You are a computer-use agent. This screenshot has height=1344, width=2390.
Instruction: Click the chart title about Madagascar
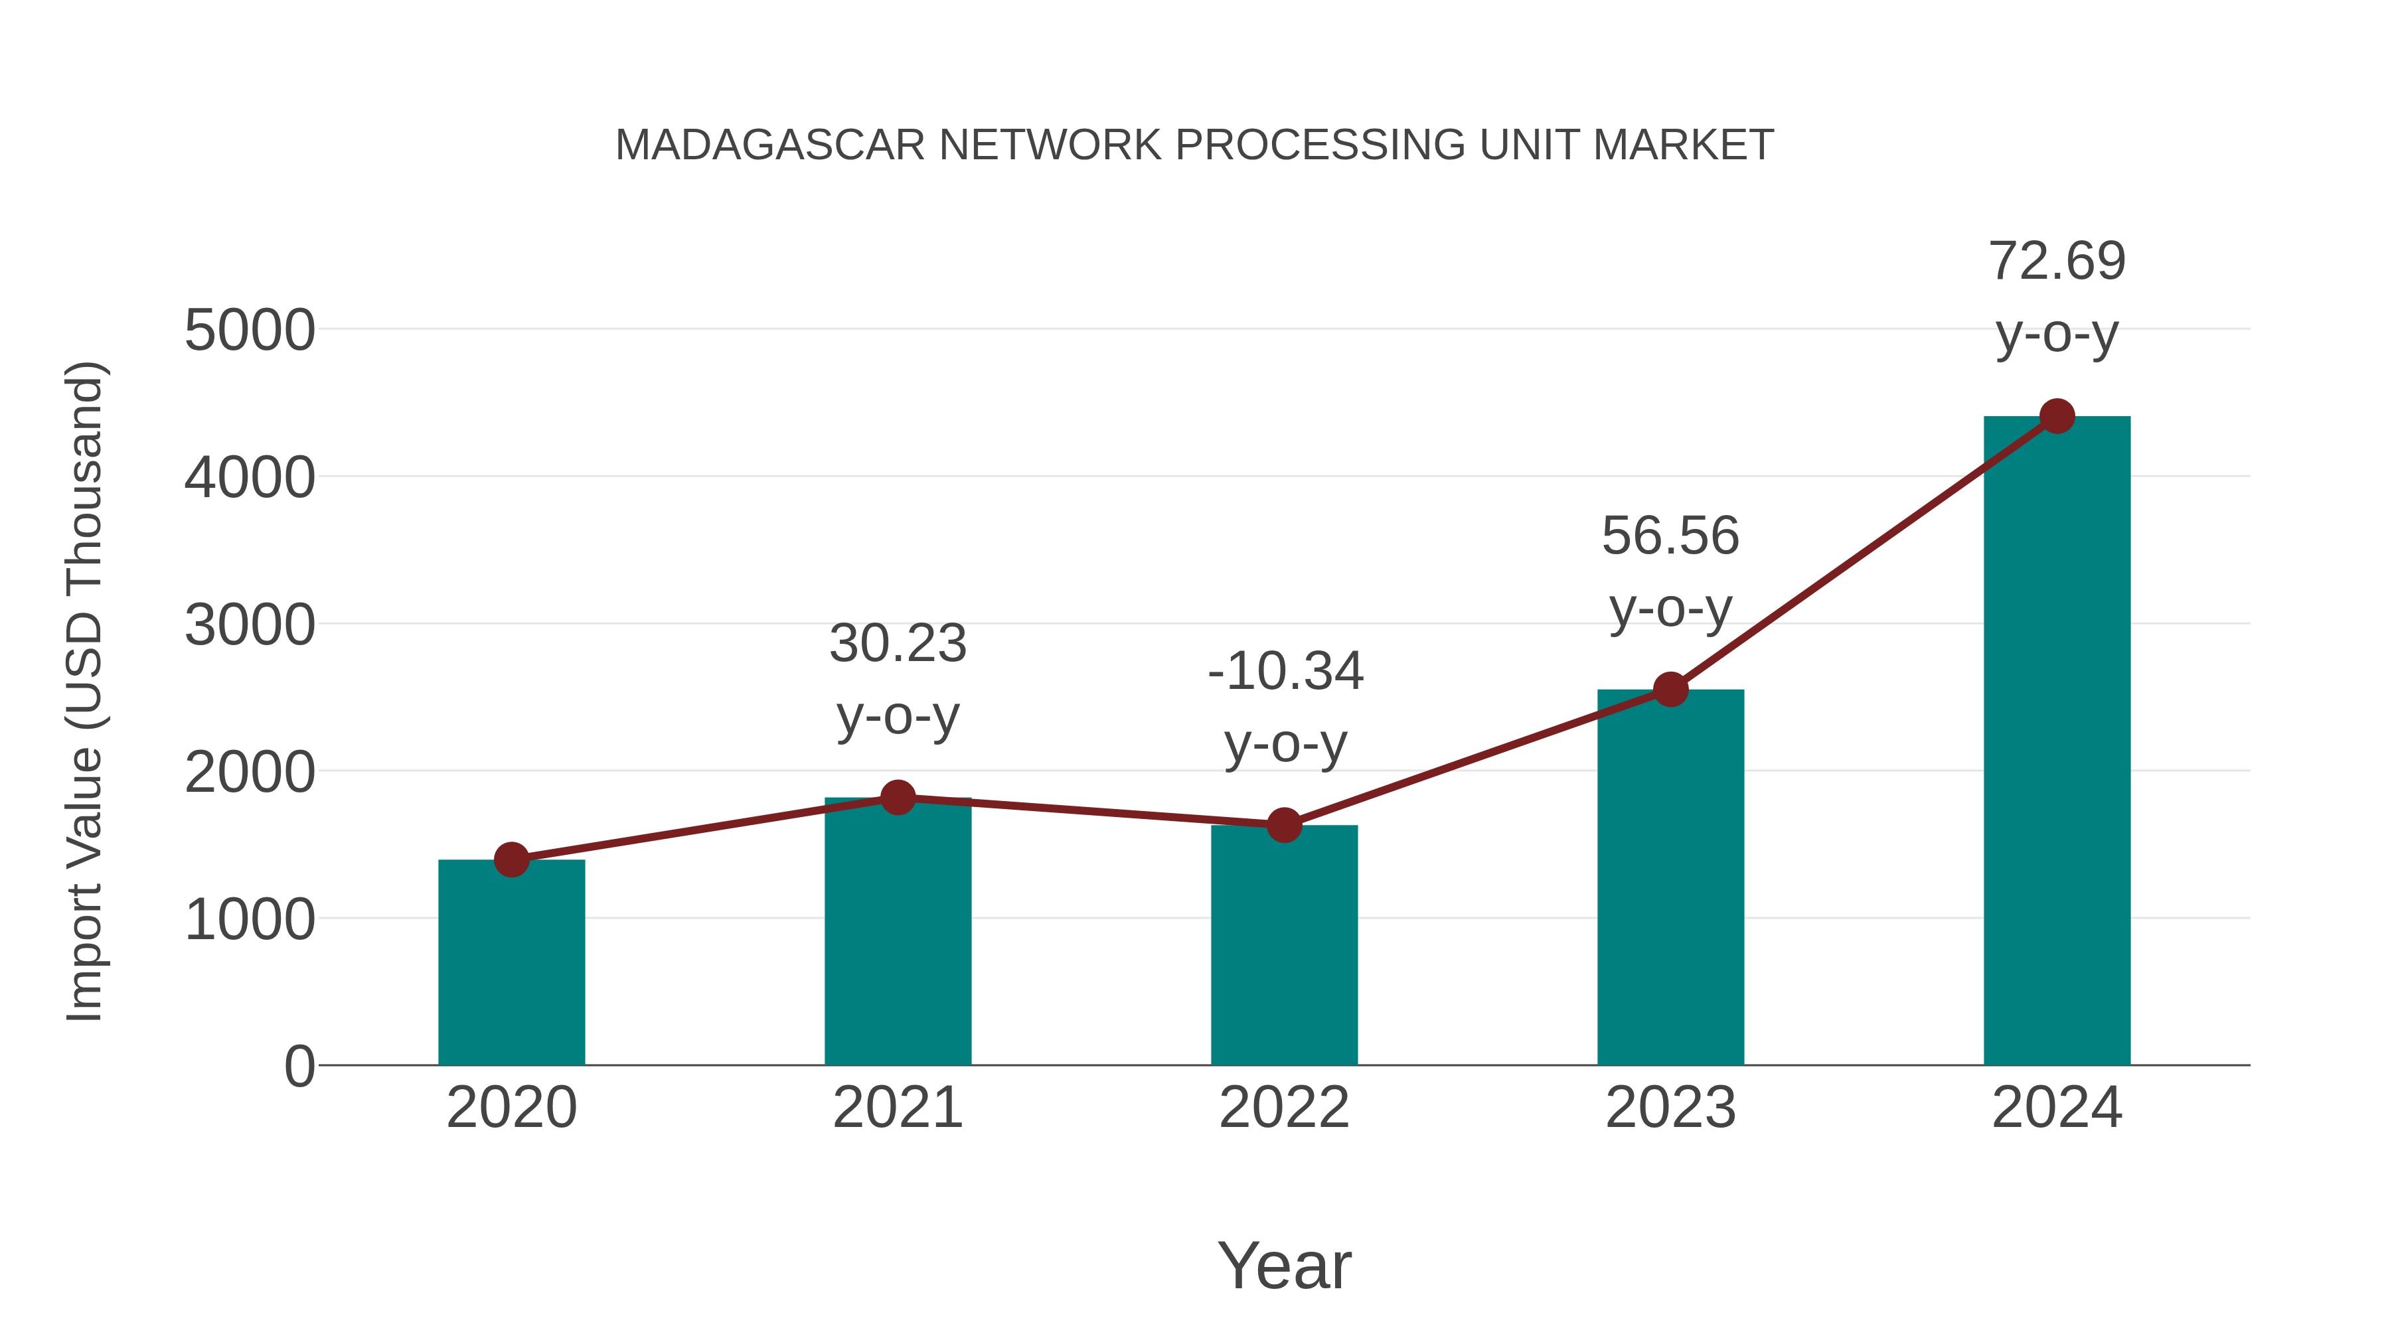[1194, 145]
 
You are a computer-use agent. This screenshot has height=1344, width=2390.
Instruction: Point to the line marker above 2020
[511, 859]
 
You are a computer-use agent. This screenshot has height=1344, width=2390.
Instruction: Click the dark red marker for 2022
[1284, 824]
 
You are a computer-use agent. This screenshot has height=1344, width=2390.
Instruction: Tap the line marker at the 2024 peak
[2057, 416]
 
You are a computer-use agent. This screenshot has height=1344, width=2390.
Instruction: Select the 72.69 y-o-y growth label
[2057, 296]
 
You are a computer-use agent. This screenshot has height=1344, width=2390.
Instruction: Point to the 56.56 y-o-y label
[1670, 571]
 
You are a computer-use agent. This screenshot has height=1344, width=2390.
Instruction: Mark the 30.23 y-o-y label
[897, 679]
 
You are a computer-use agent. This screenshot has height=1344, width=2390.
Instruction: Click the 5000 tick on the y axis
[250, 331]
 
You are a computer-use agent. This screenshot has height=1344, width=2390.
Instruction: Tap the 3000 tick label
[250, 625]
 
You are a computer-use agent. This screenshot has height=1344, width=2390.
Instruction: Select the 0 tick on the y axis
[299, 1066]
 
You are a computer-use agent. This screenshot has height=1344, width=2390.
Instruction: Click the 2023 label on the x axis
[1670, 1108]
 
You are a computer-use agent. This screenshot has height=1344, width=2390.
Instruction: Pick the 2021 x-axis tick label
[897, 1108]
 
